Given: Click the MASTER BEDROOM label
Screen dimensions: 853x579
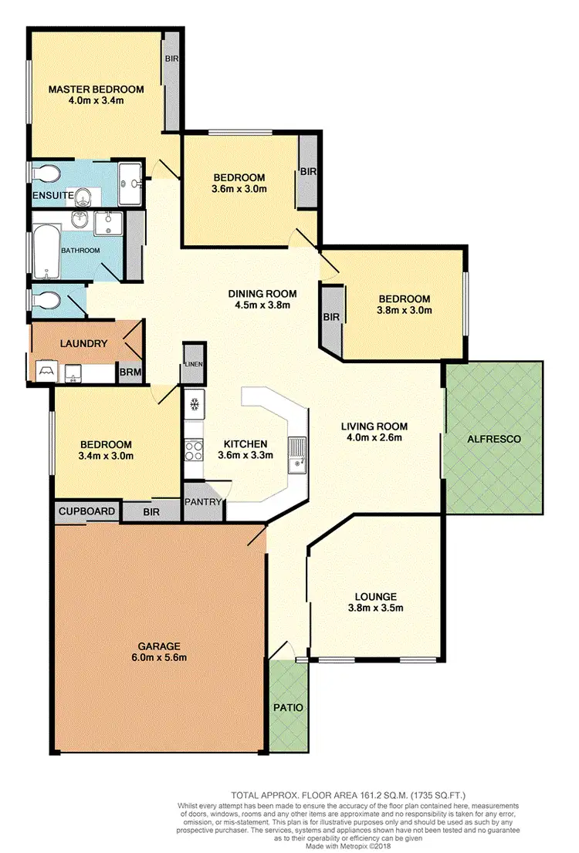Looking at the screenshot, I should pos(96,89).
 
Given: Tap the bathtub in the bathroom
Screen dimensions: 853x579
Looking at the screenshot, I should pos(46,251).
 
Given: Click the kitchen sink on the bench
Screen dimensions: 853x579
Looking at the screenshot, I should pos(296,454).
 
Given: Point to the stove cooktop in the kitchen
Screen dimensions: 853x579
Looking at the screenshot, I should pos(193,450).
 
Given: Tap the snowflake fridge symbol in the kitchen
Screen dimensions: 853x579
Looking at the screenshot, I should pos(193,403).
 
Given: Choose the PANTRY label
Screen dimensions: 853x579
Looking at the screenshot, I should pos(203,502).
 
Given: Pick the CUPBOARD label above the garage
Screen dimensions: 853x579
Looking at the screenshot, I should pos(86,511).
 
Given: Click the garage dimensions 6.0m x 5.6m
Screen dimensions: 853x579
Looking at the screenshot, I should pos(159,658).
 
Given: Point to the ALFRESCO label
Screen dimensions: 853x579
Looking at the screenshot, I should pos(494,439).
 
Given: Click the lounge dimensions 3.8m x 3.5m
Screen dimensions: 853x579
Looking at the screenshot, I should pos(376,608).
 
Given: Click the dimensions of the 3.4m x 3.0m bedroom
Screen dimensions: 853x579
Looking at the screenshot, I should pos(107,456).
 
